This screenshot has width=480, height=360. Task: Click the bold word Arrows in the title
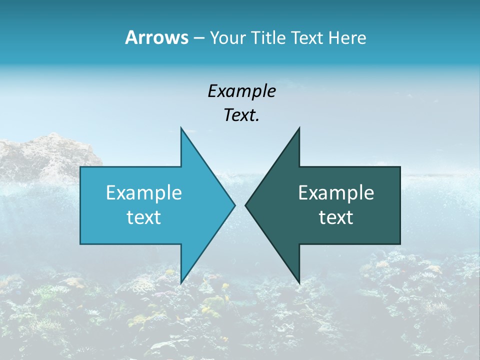(156, 37)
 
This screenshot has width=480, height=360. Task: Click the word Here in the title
(347, 37)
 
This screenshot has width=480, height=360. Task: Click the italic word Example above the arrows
(241, 91)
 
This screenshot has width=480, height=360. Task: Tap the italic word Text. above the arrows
(241, 115)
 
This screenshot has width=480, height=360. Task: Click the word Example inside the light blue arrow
(143, 193)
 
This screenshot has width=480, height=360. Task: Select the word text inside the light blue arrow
(143, 217)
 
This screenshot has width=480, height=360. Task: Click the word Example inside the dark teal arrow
(336, 193)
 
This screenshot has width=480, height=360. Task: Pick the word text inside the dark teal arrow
(336, 217)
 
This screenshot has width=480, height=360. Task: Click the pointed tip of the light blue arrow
(234, 205)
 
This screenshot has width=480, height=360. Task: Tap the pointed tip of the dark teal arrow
(245, 205)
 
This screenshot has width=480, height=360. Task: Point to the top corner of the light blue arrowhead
(181, 128)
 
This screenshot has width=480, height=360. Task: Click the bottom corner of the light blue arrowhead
(181, 283)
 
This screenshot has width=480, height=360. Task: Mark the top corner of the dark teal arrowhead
(299, 128)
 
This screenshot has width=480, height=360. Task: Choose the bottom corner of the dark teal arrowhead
(299, 283)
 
